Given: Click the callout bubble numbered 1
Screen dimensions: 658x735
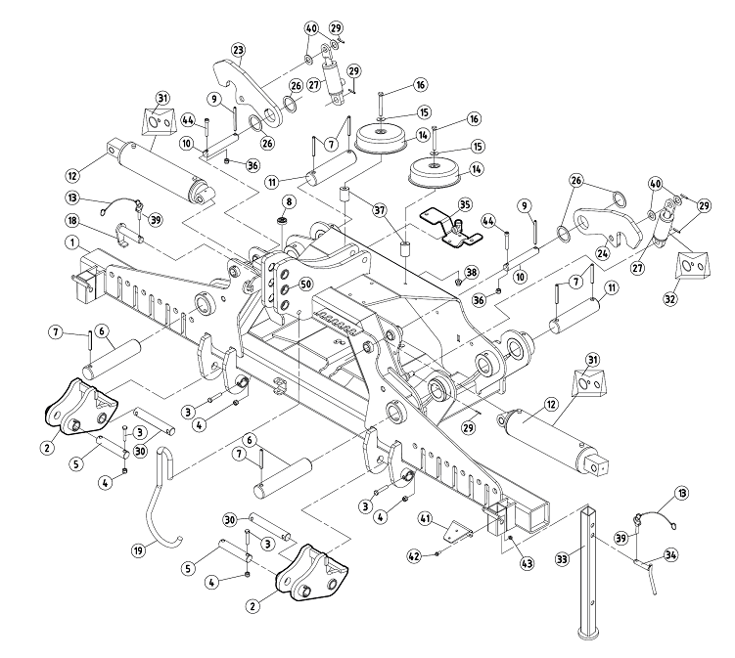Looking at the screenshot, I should (72, 241).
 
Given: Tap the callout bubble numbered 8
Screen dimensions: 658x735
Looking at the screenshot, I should (289, 202).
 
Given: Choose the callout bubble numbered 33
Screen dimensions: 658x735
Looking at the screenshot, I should (561, 560).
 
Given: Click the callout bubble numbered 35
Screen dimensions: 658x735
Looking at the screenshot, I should (465, 204).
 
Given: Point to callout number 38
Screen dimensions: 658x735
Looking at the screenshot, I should (472, 271).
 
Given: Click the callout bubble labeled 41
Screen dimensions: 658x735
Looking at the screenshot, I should (426, 517).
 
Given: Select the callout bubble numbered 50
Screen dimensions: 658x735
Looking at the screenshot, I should (304, 284).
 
